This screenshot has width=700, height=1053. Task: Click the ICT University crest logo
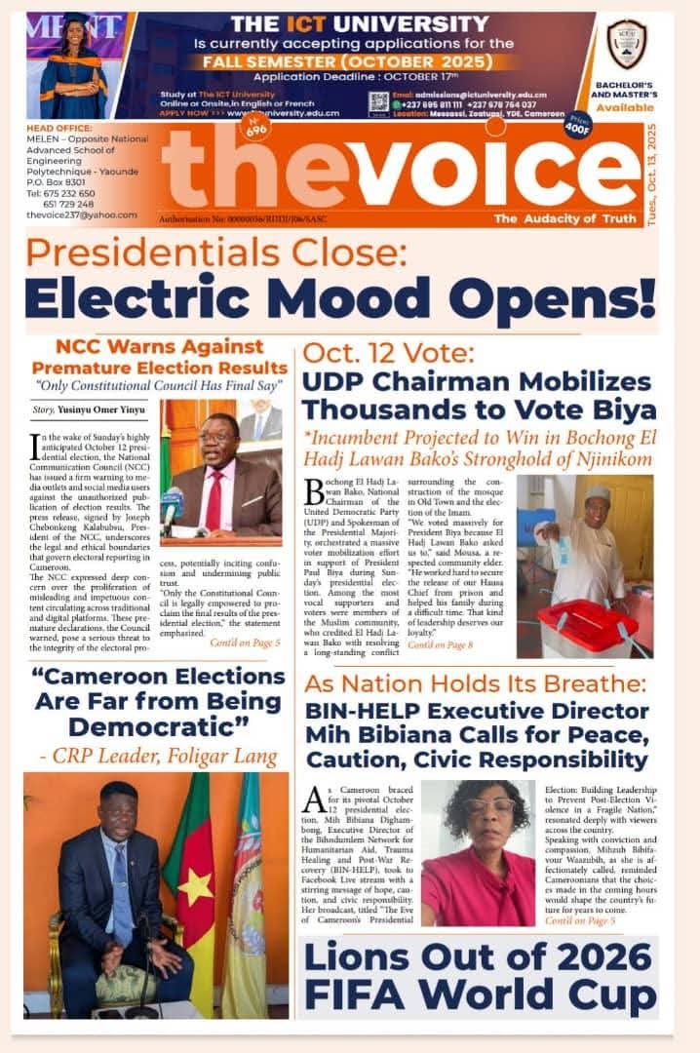626,42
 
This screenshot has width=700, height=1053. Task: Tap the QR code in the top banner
378,101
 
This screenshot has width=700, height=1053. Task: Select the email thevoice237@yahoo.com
82,214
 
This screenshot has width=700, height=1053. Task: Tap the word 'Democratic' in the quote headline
154,726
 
